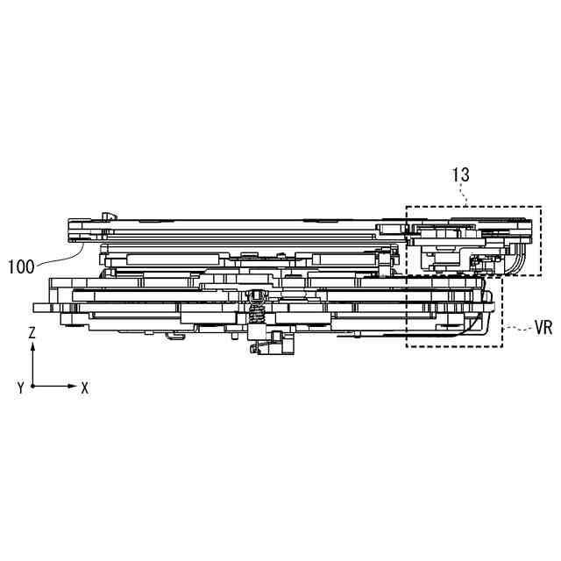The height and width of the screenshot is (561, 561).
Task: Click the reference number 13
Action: point(461,174)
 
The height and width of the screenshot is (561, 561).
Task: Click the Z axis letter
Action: point(32,333)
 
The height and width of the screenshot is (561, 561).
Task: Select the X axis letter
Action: point(84,387)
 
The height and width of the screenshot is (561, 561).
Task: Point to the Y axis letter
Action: point(19,387)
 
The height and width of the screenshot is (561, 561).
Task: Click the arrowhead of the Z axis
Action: point(32,346)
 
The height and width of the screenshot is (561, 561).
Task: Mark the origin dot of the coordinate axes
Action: point(32,385)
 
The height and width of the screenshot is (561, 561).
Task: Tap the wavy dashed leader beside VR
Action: point(517,329)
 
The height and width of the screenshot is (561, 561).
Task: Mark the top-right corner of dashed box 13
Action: point(541,207)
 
